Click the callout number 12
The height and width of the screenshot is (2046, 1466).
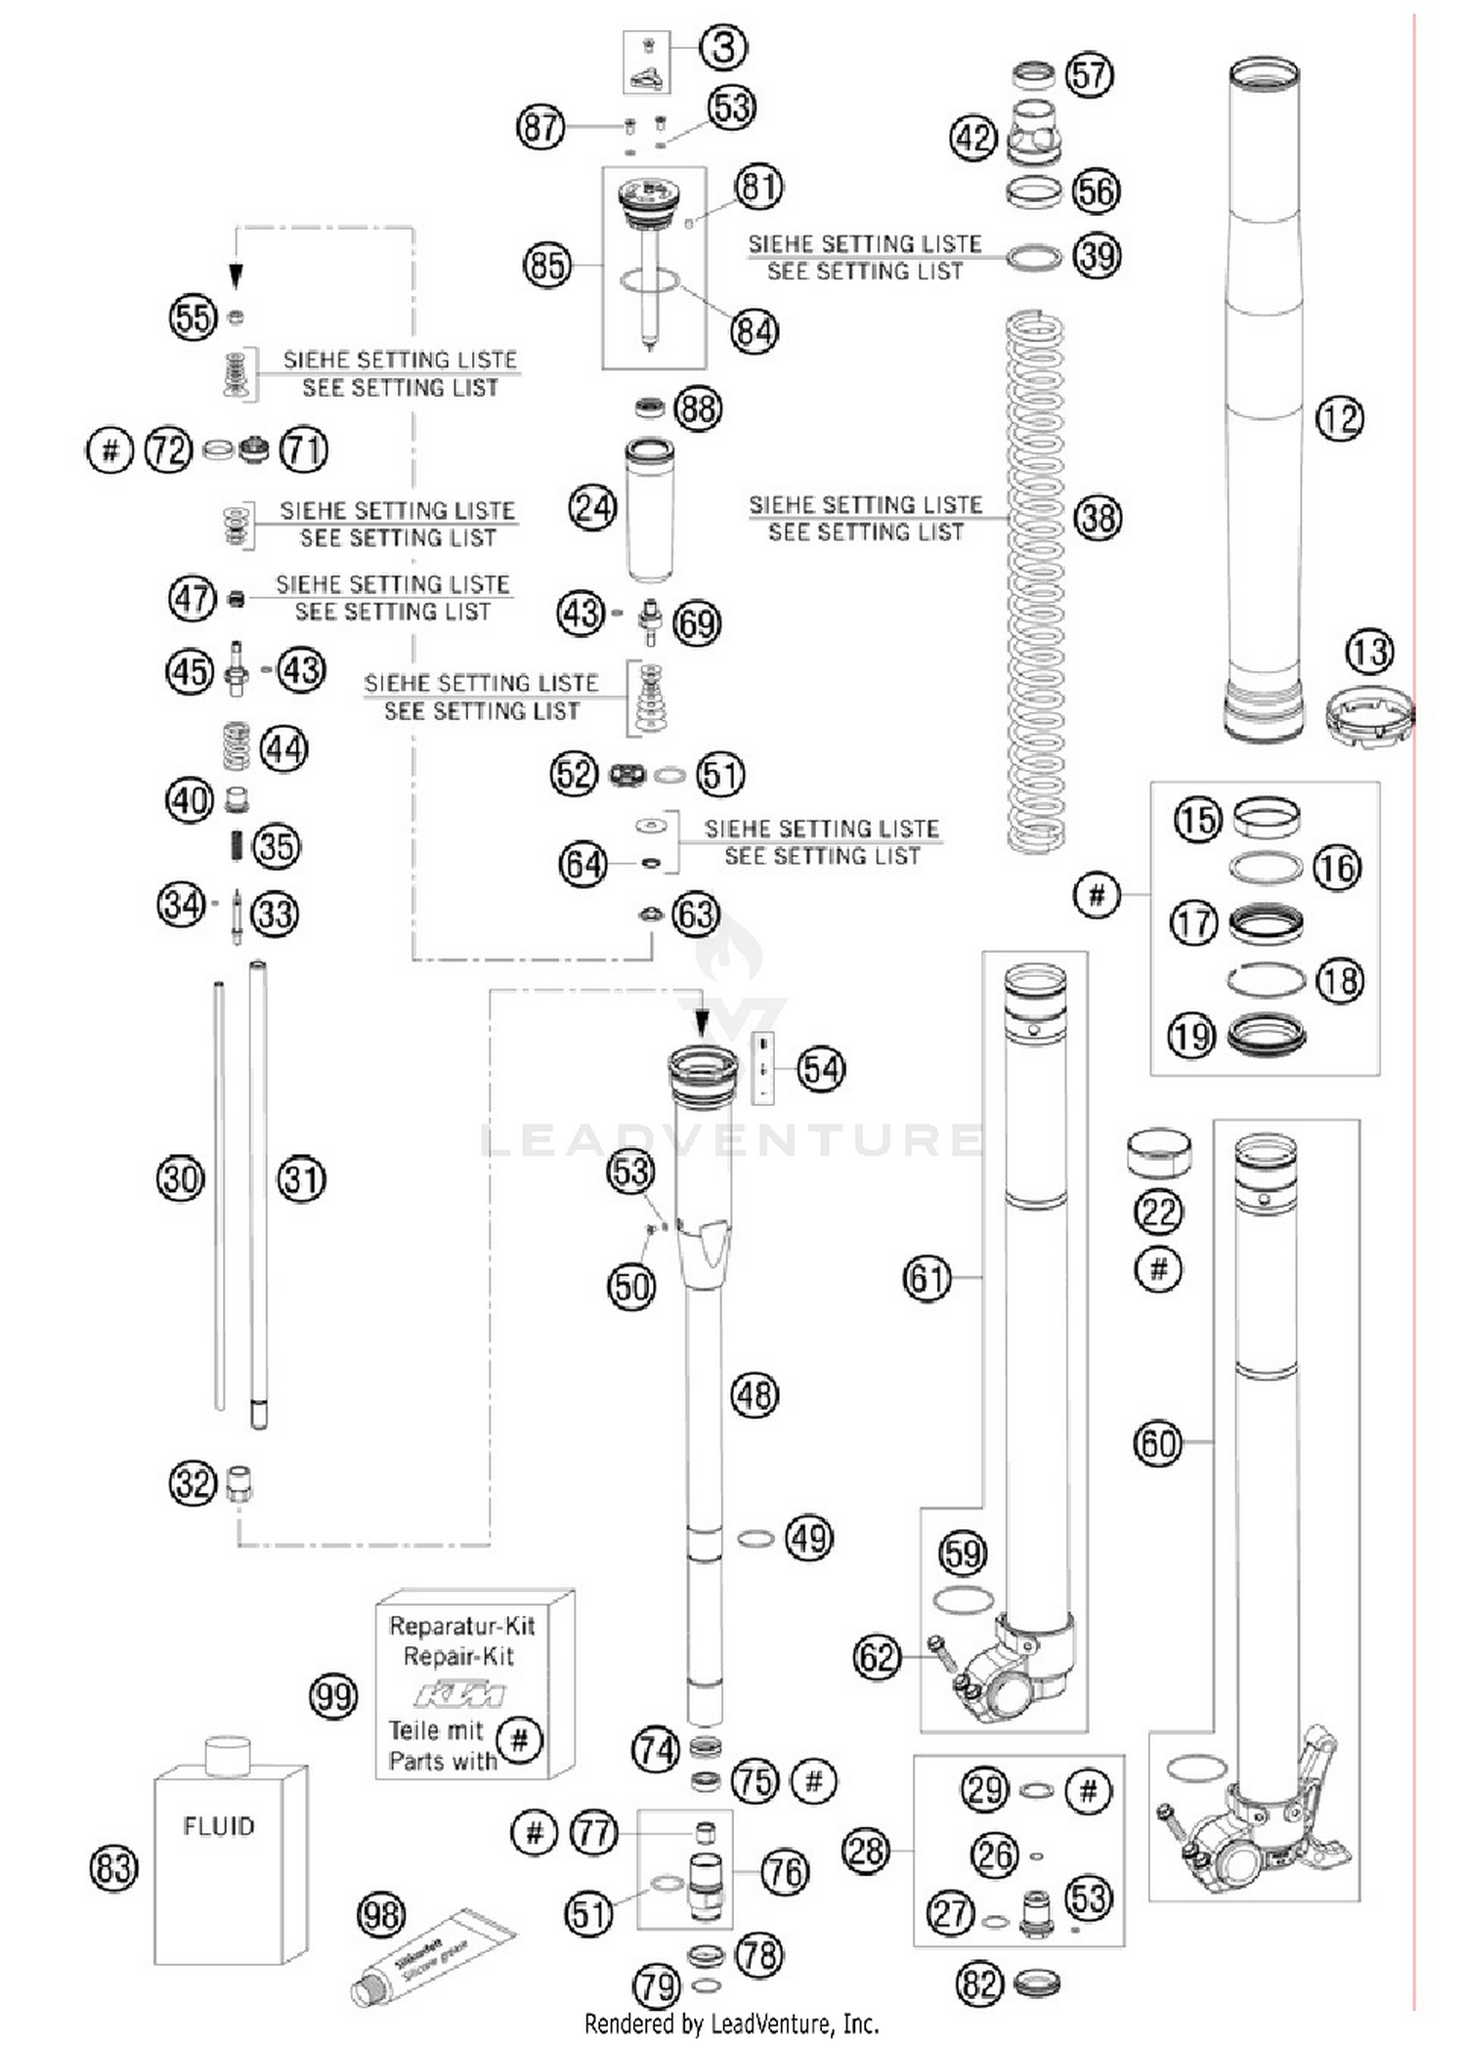tap(1339, 419)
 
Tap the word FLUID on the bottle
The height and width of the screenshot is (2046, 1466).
tap(219, 1826)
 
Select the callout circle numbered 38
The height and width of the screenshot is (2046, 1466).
tap(1098, 518)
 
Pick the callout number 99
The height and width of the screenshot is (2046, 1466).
tap(333, 1696)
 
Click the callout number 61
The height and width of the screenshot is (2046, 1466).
tap(927, 1278)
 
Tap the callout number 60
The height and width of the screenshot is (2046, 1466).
tap(1157, 1443)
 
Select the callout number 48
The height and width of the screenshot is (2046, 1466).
tap(755, 1395)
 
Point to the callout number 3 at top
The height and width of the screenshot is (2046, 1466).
tap(724, 47)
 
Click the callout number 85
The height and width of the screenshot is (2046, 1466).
tap(547, 265)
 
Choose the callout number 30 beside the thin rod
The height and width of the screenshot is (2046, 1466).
tap(181, 1179)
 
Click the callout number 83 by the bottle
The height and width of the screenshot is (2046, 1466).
tap(113, 1868)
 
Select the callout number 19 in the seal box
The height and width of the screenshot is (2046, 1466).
tap(1191, 1036)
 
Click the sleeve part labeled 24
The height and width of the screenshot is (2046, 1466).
tap(649, 510)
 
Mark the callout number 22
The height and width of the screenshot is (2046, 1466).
tap(1158, 1213)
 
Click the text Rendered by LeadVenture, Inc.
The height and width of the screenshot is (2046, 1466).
tap(731, 2025)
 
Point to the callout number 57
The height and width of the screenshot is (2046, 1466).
tap(1090, 75)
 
